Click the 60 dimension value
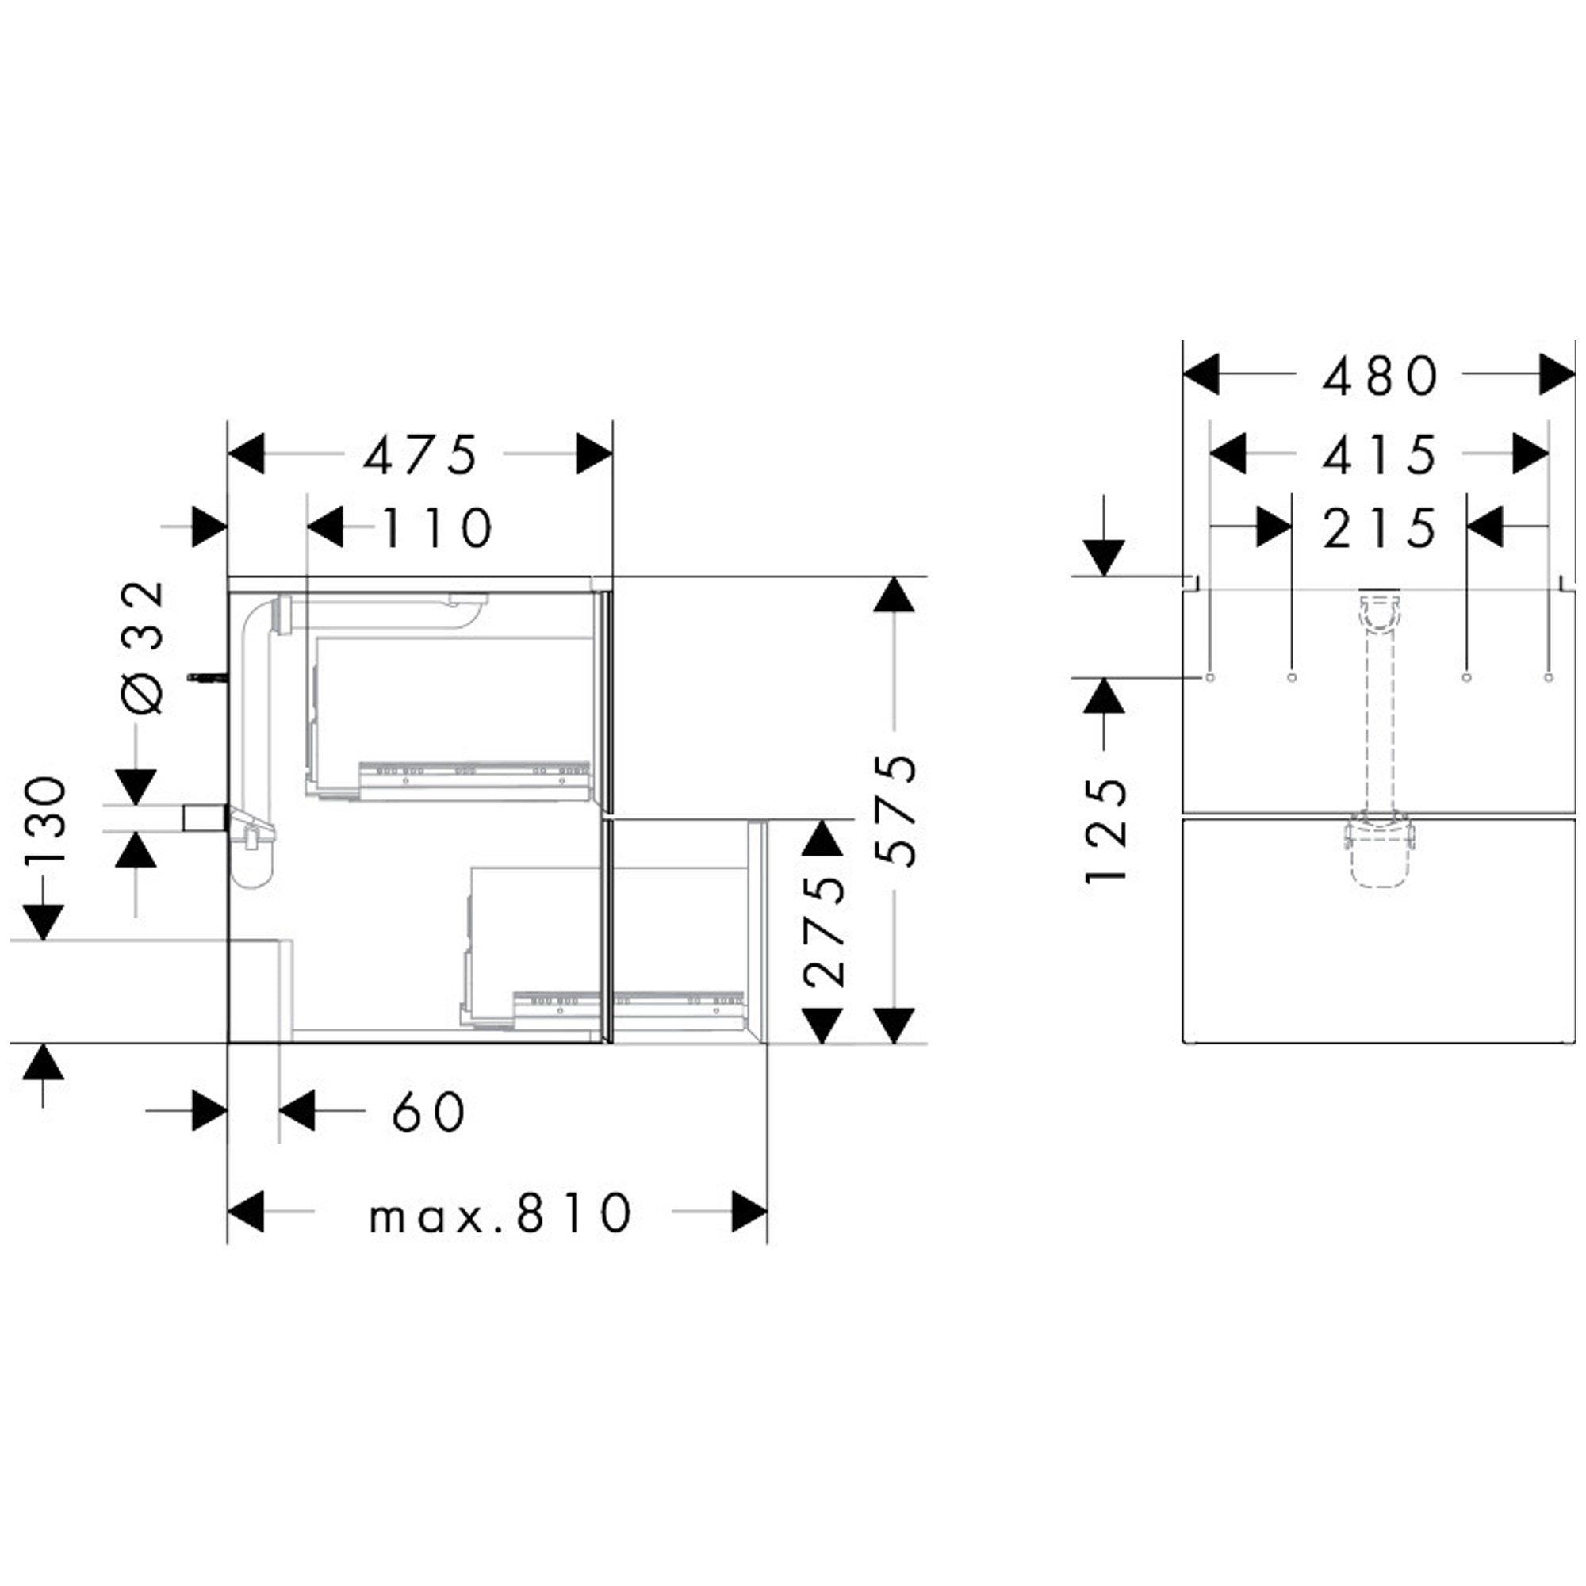coord(428,1113)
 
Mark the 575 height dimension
coord(895,810)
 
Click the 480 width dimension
coord(1380,376)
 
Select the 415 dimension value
coord(1380,454)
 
